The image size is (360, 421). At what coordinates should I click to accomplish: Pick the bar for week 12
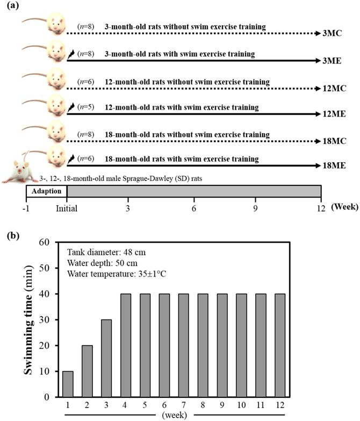[x=280, y=345]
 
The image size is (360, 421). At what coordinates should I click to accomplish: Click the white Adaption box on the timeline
[x=47, y=191]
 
